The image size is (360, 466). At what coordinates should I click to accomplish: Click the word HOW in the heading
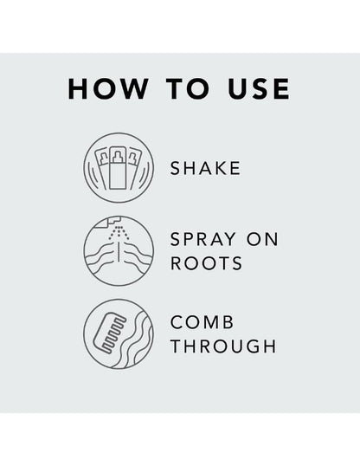[x=108, y=88]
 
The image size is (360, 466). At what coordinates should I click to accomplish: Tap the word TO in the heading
[x=188, y=88]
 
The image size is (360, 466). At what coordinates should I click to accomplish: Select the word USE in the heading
[x=259, y=88]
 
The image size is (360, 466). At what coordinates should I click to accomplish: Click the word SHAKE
[x=205, y=168]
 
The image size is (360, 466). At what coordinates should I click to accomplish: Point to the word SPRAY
[x=203, y=239]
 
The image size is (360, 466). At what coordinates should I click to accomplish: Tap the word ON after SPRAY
[x=262, y=239]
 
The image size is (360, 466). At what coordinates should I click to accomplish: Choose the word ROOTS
[x=207, y=263]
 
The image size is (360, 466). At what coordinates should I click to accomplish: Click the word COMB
[x=202, y=322]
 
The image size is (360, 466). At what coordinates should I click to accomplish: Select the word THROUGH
[x=223, y=346]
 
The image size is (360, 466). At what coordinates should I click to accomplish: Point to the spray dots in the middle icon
[x=119, y=232]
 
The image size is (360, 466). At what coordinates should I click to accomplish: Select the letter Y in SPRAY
[x=229, y=239]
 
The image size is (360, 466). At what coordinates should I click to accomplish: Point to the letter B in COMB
[x=228, y=322]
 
